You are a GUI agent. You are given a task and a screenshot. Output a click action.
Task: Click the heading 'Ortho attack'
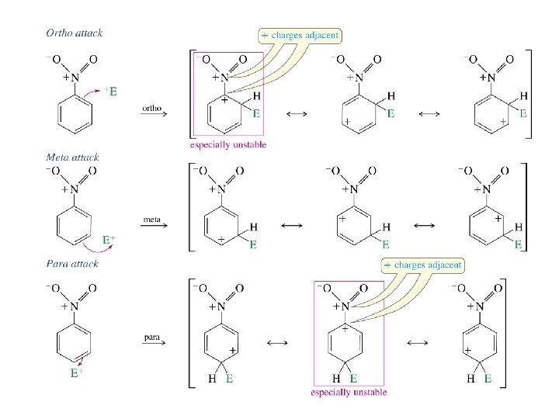pyautogui.click(x=75, y=33)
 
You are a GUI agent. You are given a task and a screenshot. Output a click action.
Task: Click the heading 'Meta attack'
pyautogui.click(x=72, y=158)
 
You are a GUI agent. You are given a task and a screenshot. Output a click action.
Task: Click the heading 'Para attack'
pyautogui.click(x=72, y=264)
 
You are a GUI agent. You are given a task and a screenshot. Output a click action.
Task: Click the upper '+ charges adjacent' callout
pyautogui.click(x=300, y=36)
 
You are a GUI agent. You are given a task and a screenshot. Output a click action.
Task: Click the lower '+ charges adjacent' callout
pyautogui.click(x=423, y=265)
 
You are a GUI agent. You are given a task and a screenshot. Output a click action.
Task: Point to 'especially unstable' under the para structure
pyautogui.click(x=349, y=393)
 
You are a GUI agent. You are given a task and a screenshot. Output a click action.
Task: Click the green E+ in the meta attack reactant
pyautogui.click(x=111, y=241)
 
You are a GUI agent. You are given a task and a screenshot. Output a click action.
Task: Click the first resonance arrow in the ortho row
pyautogui.click(x=295, y=116)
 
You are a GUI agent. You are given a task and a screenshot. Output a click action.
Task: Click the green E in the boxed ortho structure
pyautogui.click(x=255, y=113)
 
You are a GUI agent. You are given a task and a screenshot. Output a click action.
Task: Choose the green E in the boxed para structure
pyautogui.click(x=352, y=379)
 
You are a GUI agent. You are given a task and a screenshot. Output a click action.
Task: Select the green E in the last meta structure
pyautogui.click(x=519, y=244)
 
